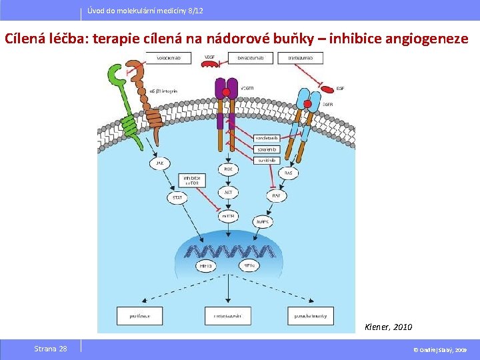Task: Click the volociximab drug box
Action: coord(171,59)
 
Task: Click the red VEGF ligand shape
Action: coord(209,59)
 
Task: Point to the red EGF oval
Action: coord(335,87)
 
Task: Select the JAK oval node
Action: coord(160,163)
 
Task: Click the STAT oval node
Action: coord(177,197)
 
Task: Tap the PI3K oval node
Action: coord(228,169)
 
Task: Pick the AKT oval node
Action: coord(228,192)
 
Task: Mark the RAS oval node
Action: coord(288,173)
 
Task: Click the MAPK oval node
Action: coord(263,221)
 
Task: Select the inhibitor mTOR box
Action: coord(193,181)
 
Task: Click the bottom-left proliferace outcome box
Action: coord(139,315)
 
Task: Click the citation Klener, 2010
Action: coord(388,327)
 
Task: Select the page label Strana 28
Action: coord(51,349)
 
